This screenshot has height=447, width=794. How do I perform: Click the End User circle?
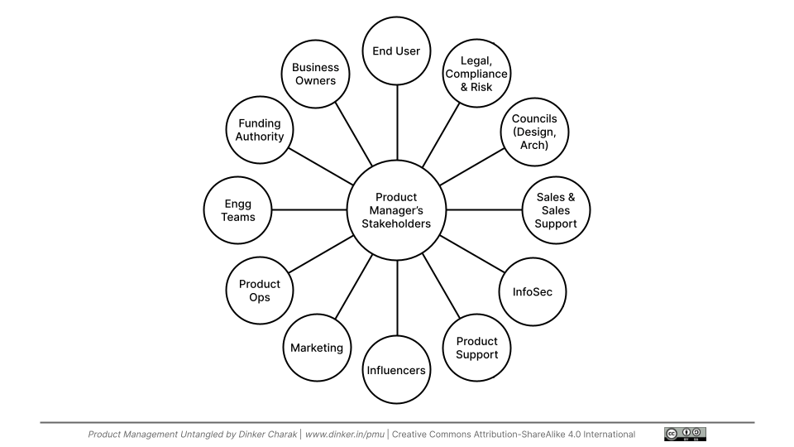point(397,51)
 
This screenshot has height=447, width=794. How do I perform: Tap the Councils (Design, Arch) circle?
point(534,132)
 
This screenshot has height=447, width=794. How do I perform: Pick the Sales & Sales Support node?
point(556,210)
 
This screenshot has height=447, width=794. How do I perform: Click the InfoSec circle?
point(533,292)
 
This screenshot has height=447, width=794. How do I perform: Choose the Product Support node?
point(476,348)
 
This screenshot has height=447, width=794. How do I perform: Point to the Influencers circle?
point(397,370)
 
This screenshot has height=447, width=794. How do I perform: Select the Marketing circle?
point(316,348)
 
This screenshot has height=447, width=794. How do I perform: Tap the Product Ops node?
point(259,291)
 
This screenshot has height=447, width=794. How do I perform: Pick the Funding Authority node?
point(259,130)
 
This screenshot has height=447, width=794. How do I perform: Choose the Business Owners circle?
point(314,74)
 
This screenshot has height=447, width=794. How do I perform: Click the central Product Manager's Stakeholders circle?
point(397,210)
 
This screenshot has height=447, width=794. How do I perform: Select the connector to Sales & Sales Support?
point(485,210)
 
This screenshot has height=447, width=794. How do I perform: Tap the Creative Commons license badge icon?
point(685,434)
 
